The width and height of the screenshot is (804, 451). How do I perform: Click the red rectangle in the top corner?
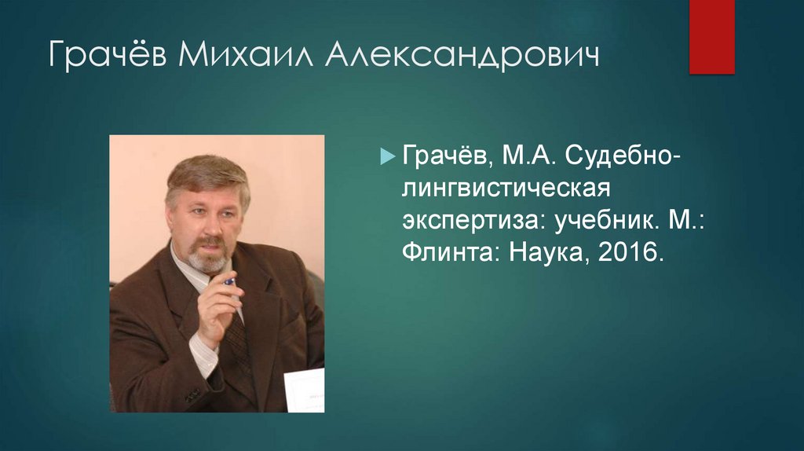[x=711, y=37]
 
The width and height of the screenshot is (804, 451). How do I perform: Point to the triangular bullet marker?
[x=386, y=156]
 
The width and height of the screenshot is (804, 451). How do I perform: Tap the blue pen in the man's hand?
[x=228, y=280]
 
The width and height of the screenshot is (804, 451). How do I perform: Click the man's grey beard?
[x=209, y=259]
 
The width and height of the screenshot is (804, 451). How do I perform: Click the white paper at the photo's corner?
[x=303, y=390]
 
